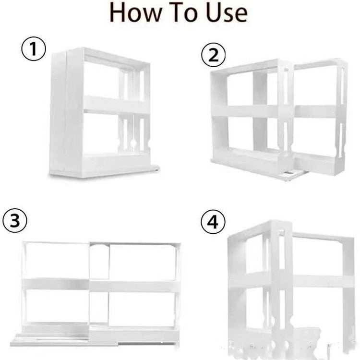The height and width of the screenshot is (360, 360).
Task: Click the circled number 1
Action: coord(34,50)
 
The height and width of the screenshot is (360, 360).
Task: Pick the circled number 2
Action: coord(213,56)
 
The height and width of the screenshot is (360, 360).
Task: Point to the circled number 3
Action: coord(15,221)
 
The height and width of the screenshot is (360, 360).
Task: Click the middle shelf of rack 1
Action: coord(115,105)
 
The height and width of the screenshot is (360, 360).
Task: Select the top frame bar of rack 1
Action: coord(115,57)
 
